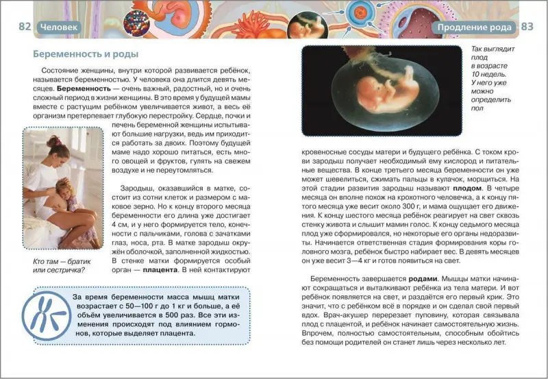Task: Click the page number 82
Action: (25, 27)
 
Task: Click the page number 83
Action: (527, 27)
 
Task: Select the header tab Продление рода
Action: (473, 27)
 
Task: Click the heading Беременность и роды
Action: (86, 54)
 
